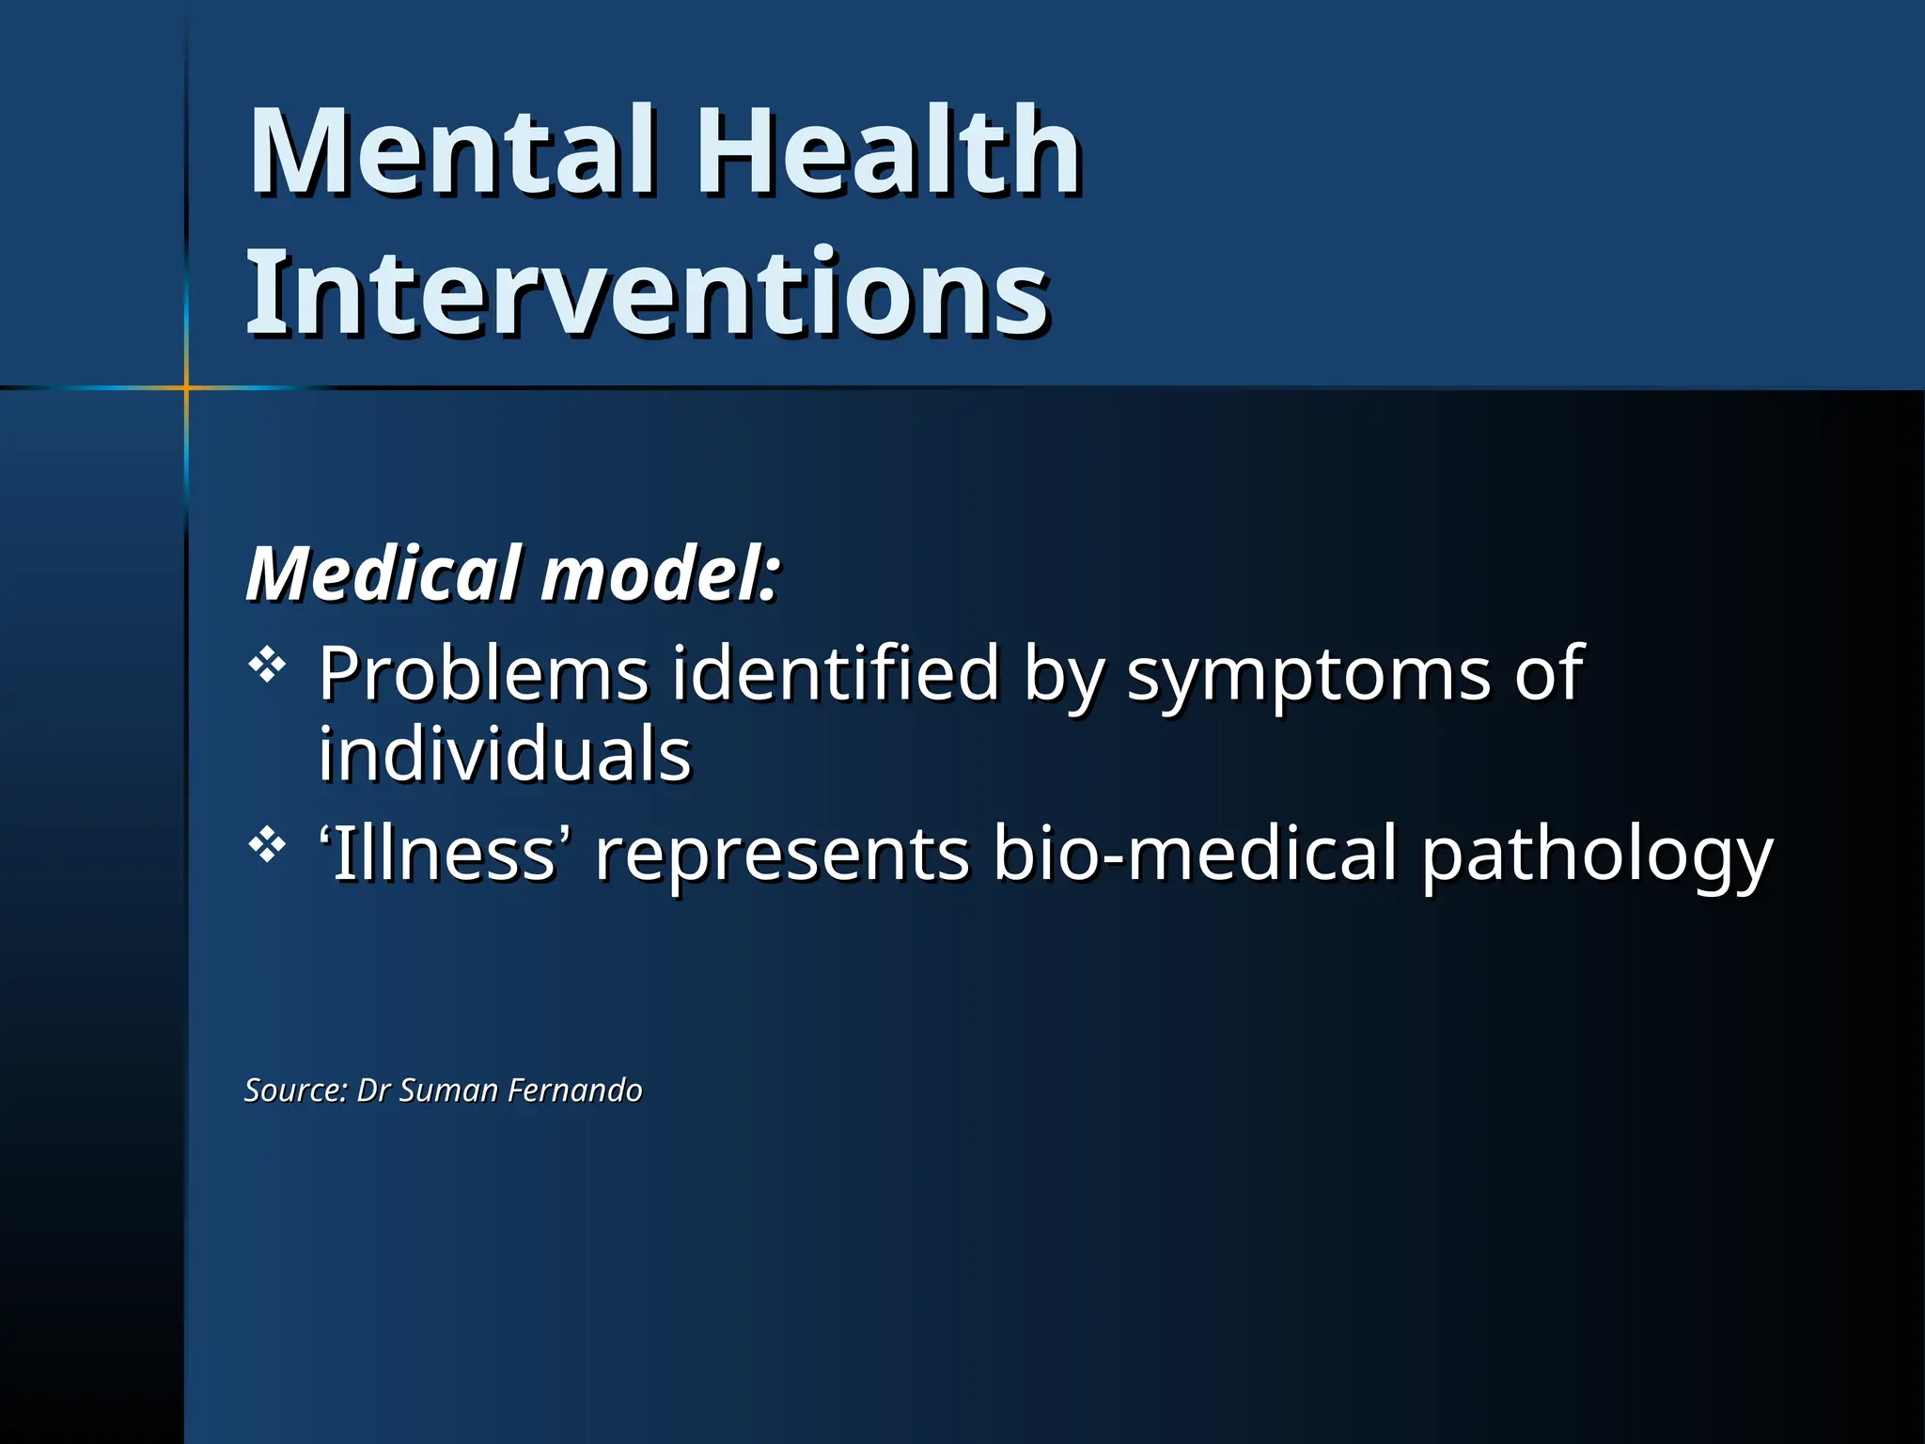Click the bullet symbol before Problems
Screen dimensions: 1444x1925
267,667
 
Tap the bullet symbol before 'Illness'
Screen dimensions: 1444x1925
267,846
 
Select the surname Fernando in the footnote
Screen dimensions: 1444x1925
574,1091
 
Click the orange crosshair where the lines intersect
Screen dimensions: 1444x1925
186,387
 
